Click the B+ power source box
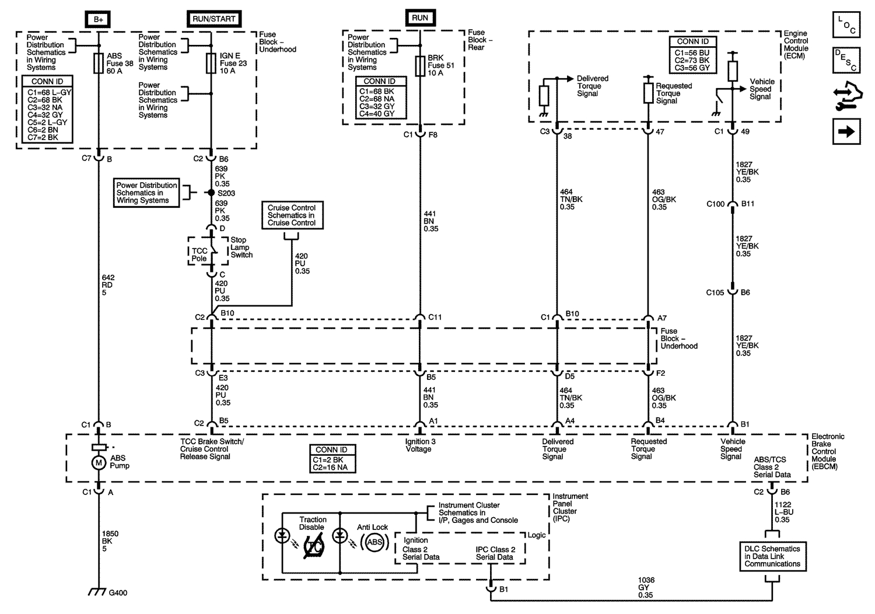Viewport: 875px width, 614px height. [99, 19]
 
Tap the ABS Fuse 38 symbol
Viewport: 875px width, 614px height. [99, 64]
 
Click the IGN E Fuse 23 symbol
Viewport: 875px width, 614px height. [211, 64]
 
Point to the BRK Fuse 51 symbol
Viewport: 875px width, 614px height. [420, 65]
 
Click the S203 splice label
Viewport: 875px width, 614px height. [228, 193]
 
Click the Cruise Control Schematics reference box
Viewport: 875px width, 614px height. [292, 215]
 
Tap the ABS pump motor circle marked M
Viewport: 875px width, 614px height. [99, 462]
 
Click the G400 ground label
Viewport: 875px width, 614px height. [118, 593]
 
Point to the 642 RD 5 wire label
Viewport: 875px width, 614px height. [107, 285]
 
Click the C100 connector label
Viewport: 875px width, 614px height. [715, 204]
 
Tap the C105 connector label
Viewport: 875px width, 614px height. [715, 292]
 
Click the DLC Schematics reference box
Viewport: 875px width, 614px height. [772, 556]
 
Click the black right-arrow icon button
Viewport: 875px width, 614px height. [846, 132]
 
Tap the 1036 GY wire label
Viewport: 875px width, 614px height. [645, 588]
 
